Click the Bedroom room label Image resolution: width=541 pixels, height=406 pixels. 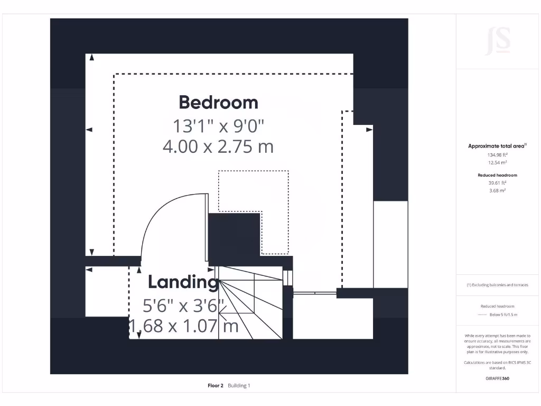click(x=218, y=102)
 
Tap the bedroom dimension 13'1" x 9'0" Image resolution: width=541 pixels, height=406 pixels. click(x=218, y=126)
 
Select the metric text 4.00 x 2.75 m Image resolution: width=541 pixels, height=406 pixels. click(x=218, y=146)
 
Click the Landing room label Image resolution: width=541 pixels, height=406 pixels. click(x=183, y=282)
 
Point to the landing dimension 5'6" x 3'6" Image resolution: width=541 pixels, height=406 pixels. click(x=183, y=306)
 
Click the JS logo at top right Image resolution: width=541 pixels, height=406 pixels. click(x=498, y=41)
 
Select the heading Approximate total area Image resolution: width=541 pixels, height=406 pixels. click(x=497, y=146)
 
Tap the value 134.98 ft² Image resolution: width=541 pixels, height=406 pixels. click(x=497, y=155)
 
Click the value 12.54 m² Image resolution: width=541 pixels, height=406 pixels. click(x=497, y=163)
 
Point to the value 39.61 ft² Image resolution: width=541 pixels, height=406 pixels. click(x=497, y=183)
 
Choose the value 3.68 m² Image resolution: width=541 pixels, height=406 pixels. click(x=497, y=190)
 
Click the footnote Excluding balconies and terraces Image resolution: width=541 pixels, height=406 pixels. click(x=497, y=285)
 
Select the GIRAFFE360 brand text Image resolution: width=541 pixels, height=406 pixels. click(x=497, y=379)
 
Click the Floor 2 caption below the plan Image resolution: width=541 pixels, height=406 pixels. click(x=216, y=386)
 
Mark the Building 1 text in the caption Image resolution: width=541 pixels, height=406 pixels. click(x=239, y=386)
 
